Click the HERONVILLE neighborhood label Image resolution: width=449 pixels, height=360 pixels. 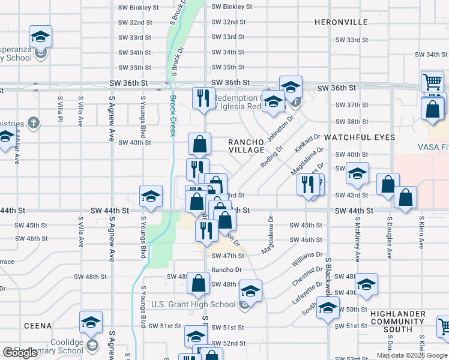[x=341, y=22]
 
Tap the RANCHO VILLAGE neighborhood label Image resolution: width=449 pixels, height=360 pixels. [x=246, y=146]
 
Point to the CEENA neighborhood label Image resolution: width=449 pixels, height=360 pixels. [x=38, y=325]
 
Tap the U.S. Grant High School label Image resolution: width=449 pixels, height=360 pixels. [x=193, y=304]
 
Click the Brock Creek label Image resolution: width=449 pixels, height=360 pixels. [x=173, y=116]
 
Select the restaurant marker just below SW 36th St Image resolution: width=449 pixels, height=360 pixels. [x=203, y=98]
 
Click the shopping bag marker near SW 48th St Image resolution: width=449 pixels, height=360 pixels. [x=199, y=283]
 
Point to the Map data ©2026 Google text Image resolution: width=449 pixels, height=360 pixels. [x=412, y=355]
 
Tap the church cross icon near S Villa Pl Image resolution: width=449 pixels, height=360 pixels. [x=35, y=123]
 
